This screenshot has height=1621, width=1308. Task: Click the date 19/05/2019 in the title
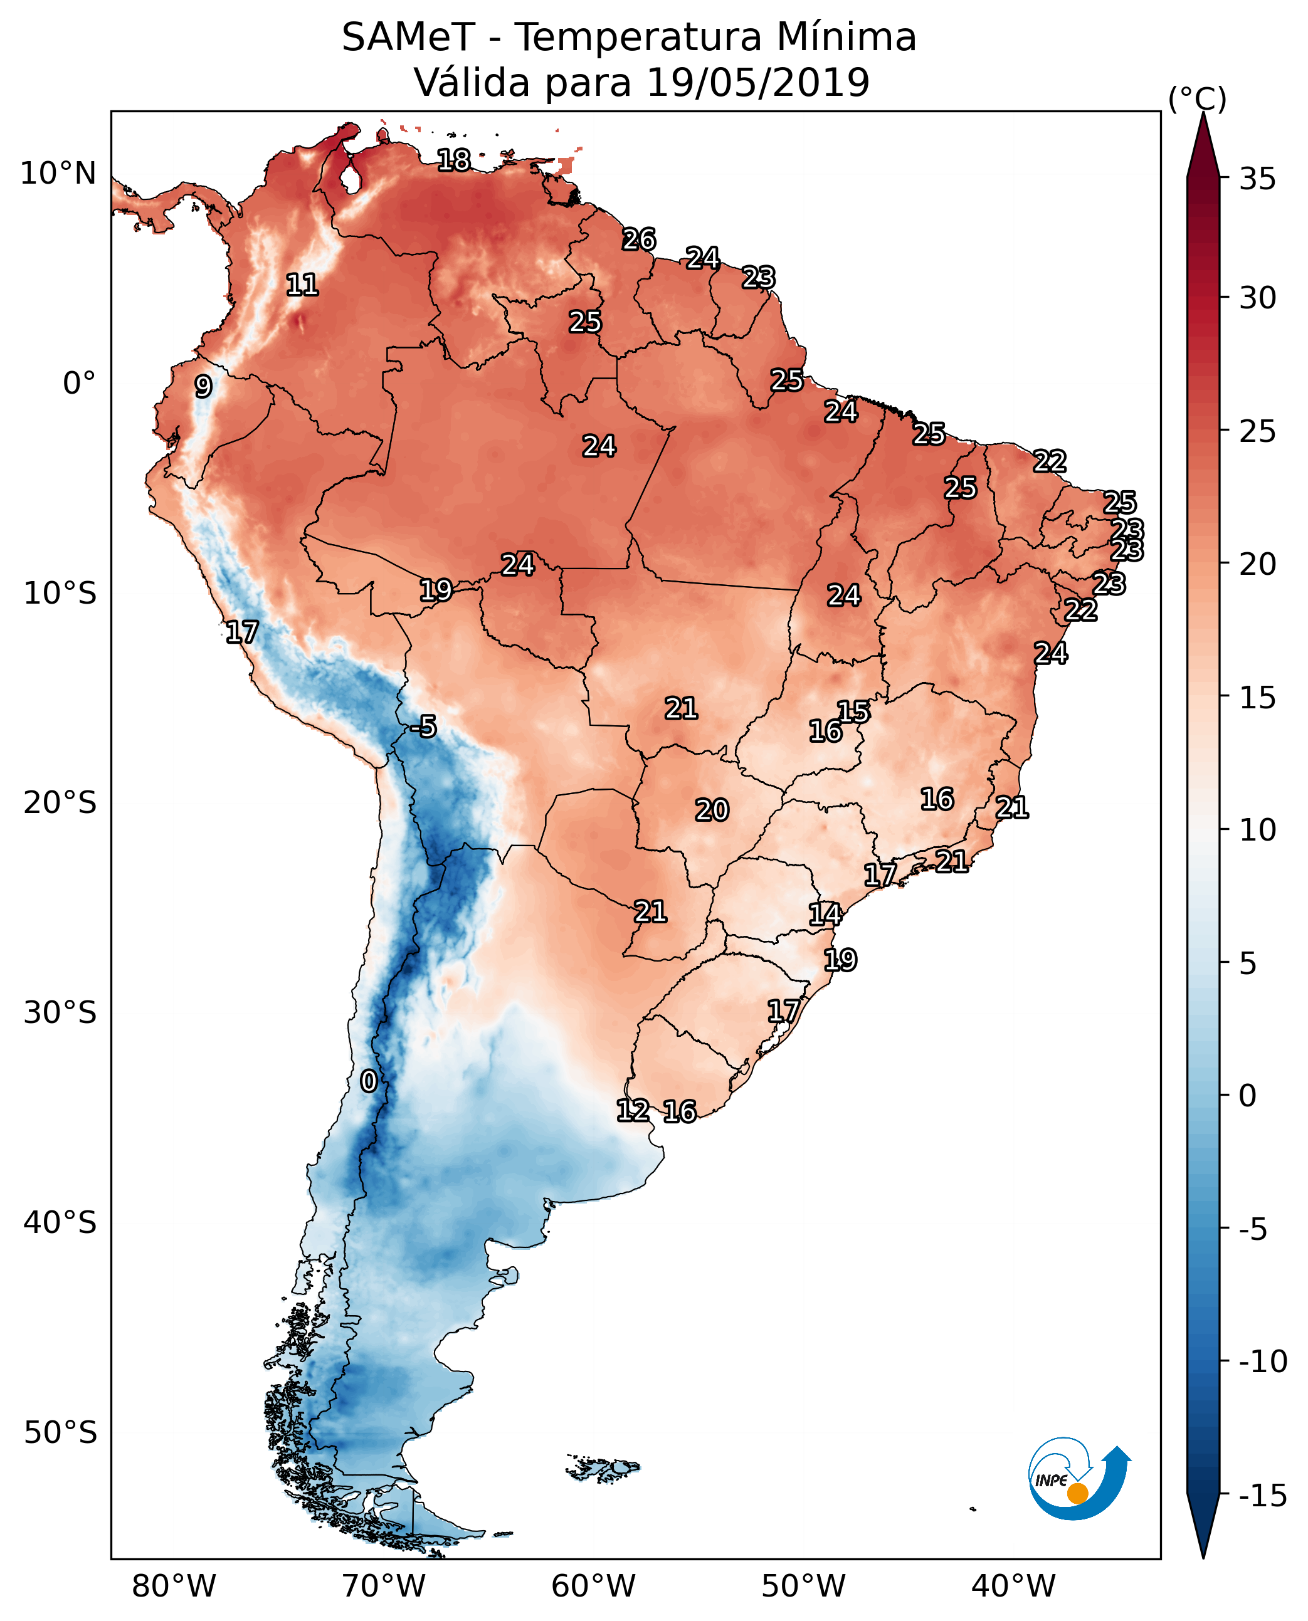pyautogui.click(x=758, y=83)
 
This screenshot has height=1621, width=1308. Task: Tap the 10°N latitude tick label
pyautogui.click(x=58, y=174)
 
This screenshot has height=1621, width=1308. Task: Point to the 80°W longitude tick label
pyautogui.click(x=174, y=1587)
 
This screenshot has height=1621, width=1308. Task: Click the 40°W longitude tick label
pyautogui.click(x=1013, y=1587)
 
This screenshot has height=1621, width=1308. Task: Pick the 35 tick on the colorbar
pyautogui.click(x=1257, y=179)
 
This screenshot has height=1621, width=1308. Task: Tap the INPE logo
pyautogui.click(x=1079, y=1479)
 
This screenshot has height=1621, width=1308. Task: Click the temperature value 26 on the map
pyautogui.click(x=639, y=239)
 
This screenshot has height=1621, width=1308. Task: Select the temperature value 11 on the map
pyautogui.click(x=302, y=285)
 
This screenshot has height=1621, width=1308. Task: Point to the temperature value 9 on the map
pyautogui.click(x=203, y=386)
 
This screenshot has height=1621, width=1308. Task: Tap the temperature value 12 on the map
pyautogui.click(x=632, y=1110)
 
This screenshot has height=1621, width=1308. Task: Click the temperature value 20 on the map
pyautogui.click(x=711, y=810)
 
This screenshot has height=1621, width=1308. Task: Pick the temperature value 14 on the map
pyautogui.click(x=825, y=915)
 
